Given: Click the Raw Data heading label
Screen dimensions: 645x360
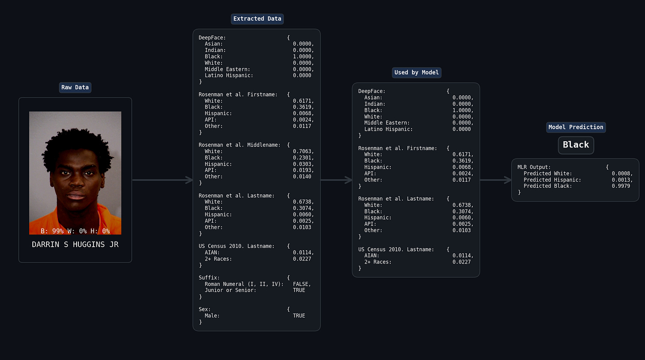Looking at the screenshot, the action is [75, 87].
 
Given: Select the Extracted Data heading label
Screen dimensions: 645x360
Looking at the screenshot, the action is [257, 19].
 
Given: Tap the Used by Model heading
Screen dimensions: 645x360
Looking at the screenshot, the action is [416, 73].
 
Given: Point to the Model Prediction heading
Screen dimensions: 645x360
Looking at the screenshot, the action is [575, 127].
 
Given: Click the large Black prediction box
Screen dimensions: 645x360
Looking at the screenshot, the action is [575, 145].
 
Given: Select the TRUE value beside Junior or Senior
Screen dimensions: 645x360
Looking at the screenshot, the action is [299, 290].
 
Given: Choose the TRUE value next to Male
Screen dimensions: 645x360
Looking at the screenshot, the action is [299, 316].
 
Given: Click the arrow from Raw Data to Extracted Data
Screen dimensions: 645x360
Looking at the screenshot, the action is [162, 180].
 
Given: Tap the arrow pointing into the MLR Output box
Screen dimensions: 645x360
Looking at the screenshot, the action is [496, 180].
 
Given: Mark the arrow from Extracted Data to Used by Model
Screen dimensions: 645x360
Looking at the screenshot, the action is [336, 180].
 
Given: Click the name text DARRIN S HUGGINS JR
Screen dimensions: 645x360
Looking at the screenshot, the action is [75, 244].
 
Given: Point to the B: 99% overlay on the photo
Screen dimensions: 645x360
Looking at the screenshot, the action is [52, 231].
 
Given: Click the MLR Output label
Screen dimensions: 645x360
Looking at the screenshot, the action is [534, 167].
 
